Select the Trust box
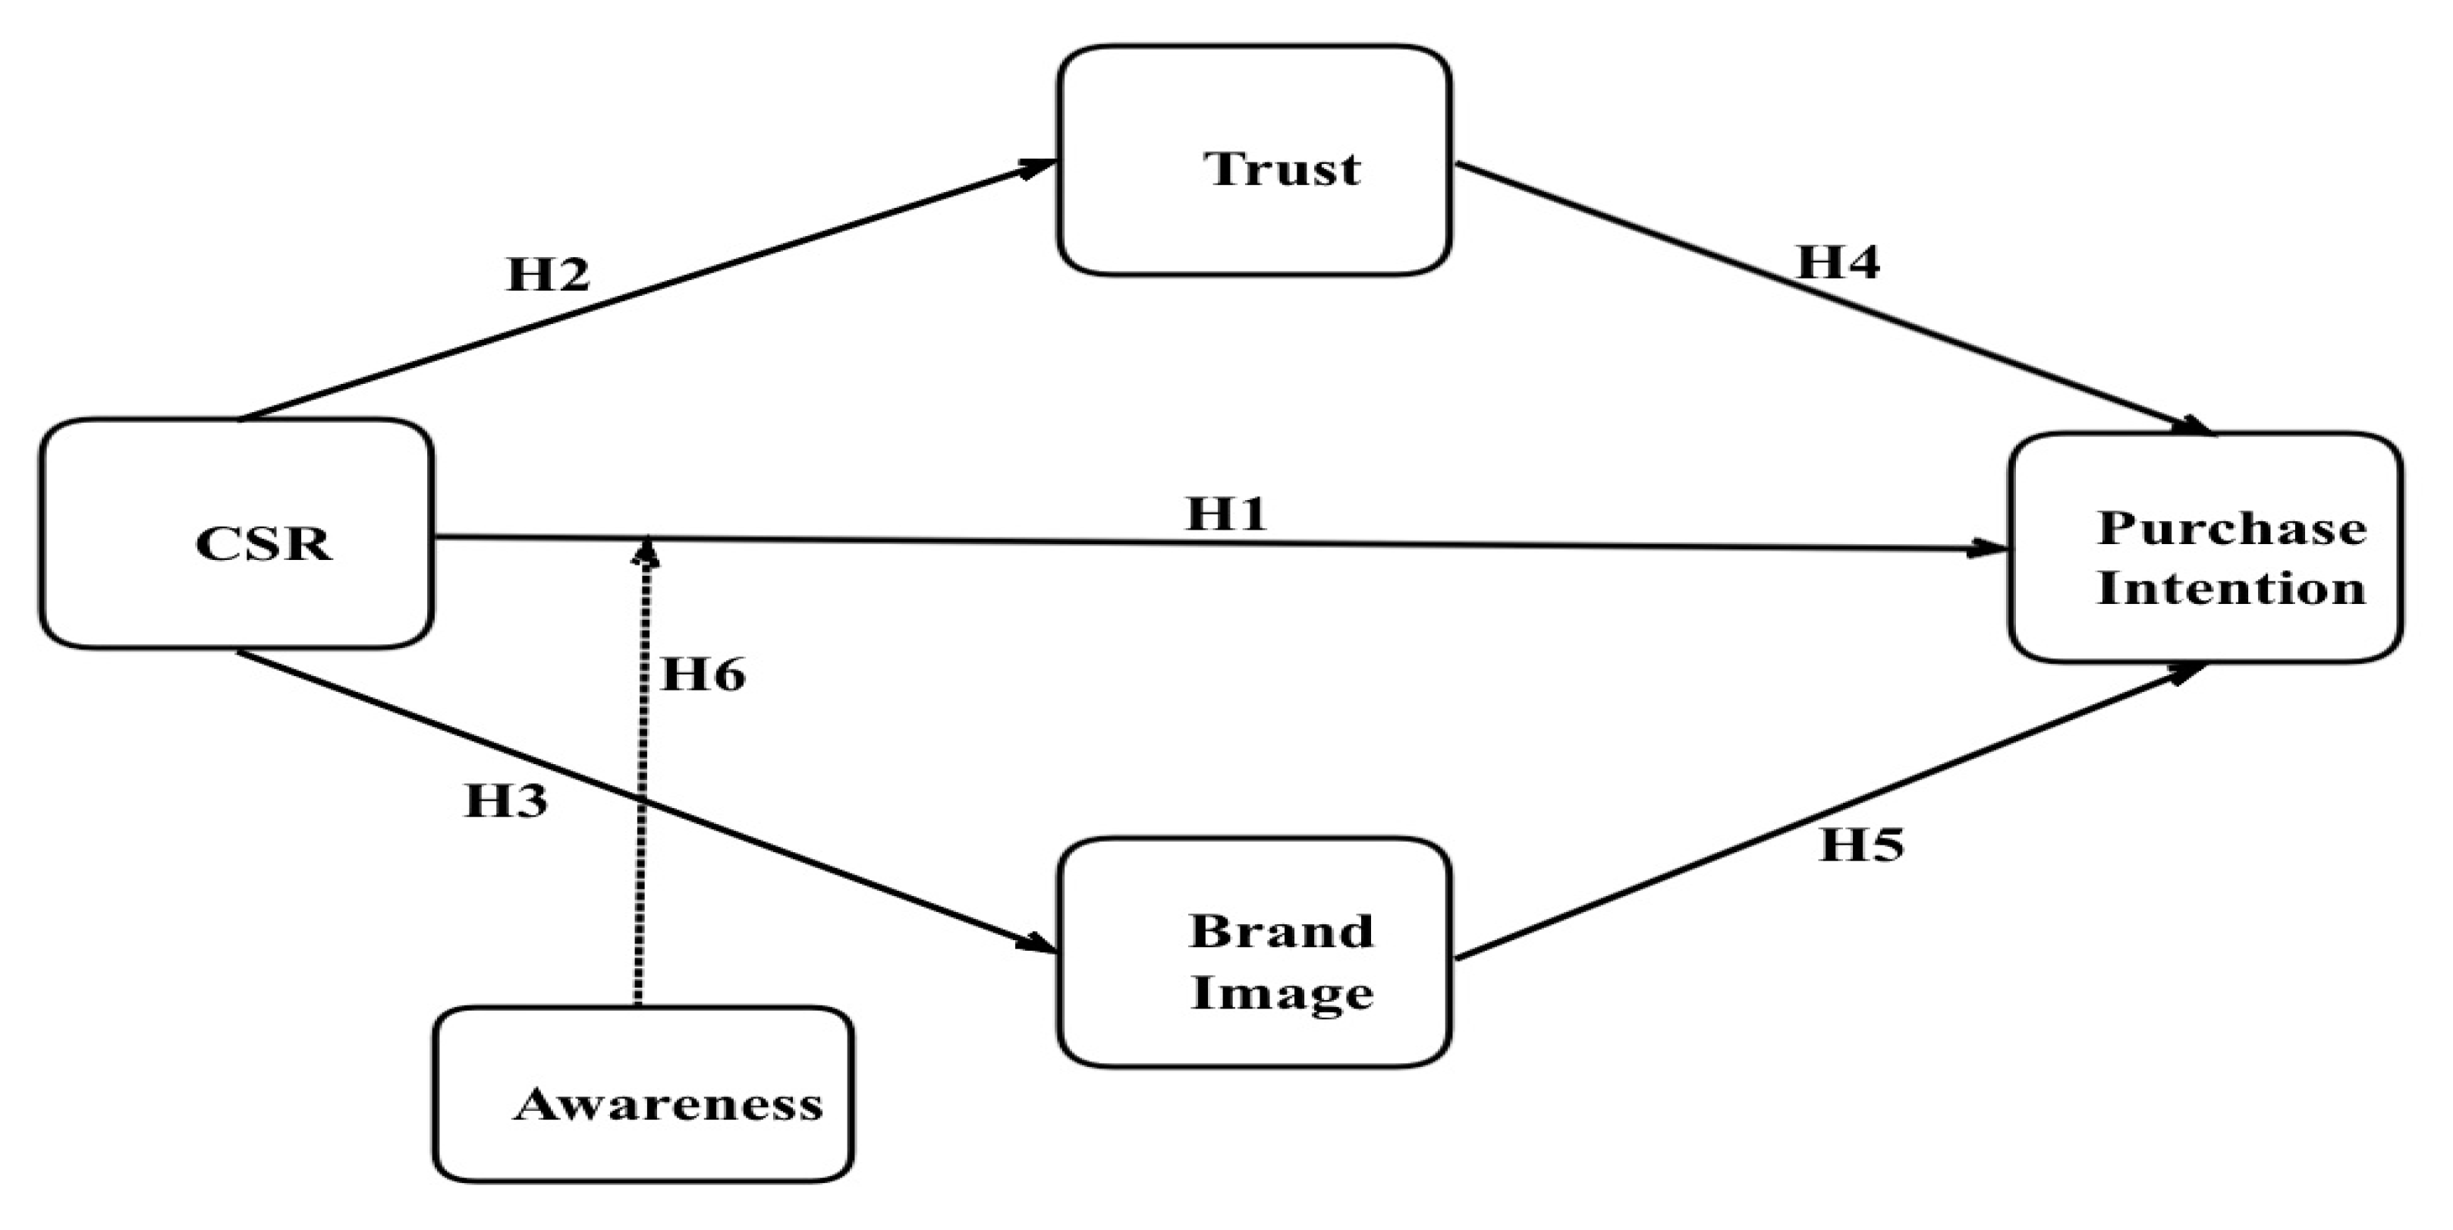pyautogui.click(x=1254, y=161)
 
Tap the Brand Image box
pyautogui.click(x=1254, y=952)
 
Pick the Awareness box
pyautogui.click(x=643, y=1095)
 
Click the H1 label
pyautogui.click(x=1226, y=514)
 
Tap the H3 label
pyautogui.click(x=505, y=801)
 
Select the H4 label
pyautogui.click(x=1838, y=262)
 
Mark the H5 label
pyautogui.click(x=1862, y=845)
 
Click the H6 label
pyautogui.click(x=703, y=675)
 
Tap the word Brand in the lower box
pyautogui.click(x=1282, y=931)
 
